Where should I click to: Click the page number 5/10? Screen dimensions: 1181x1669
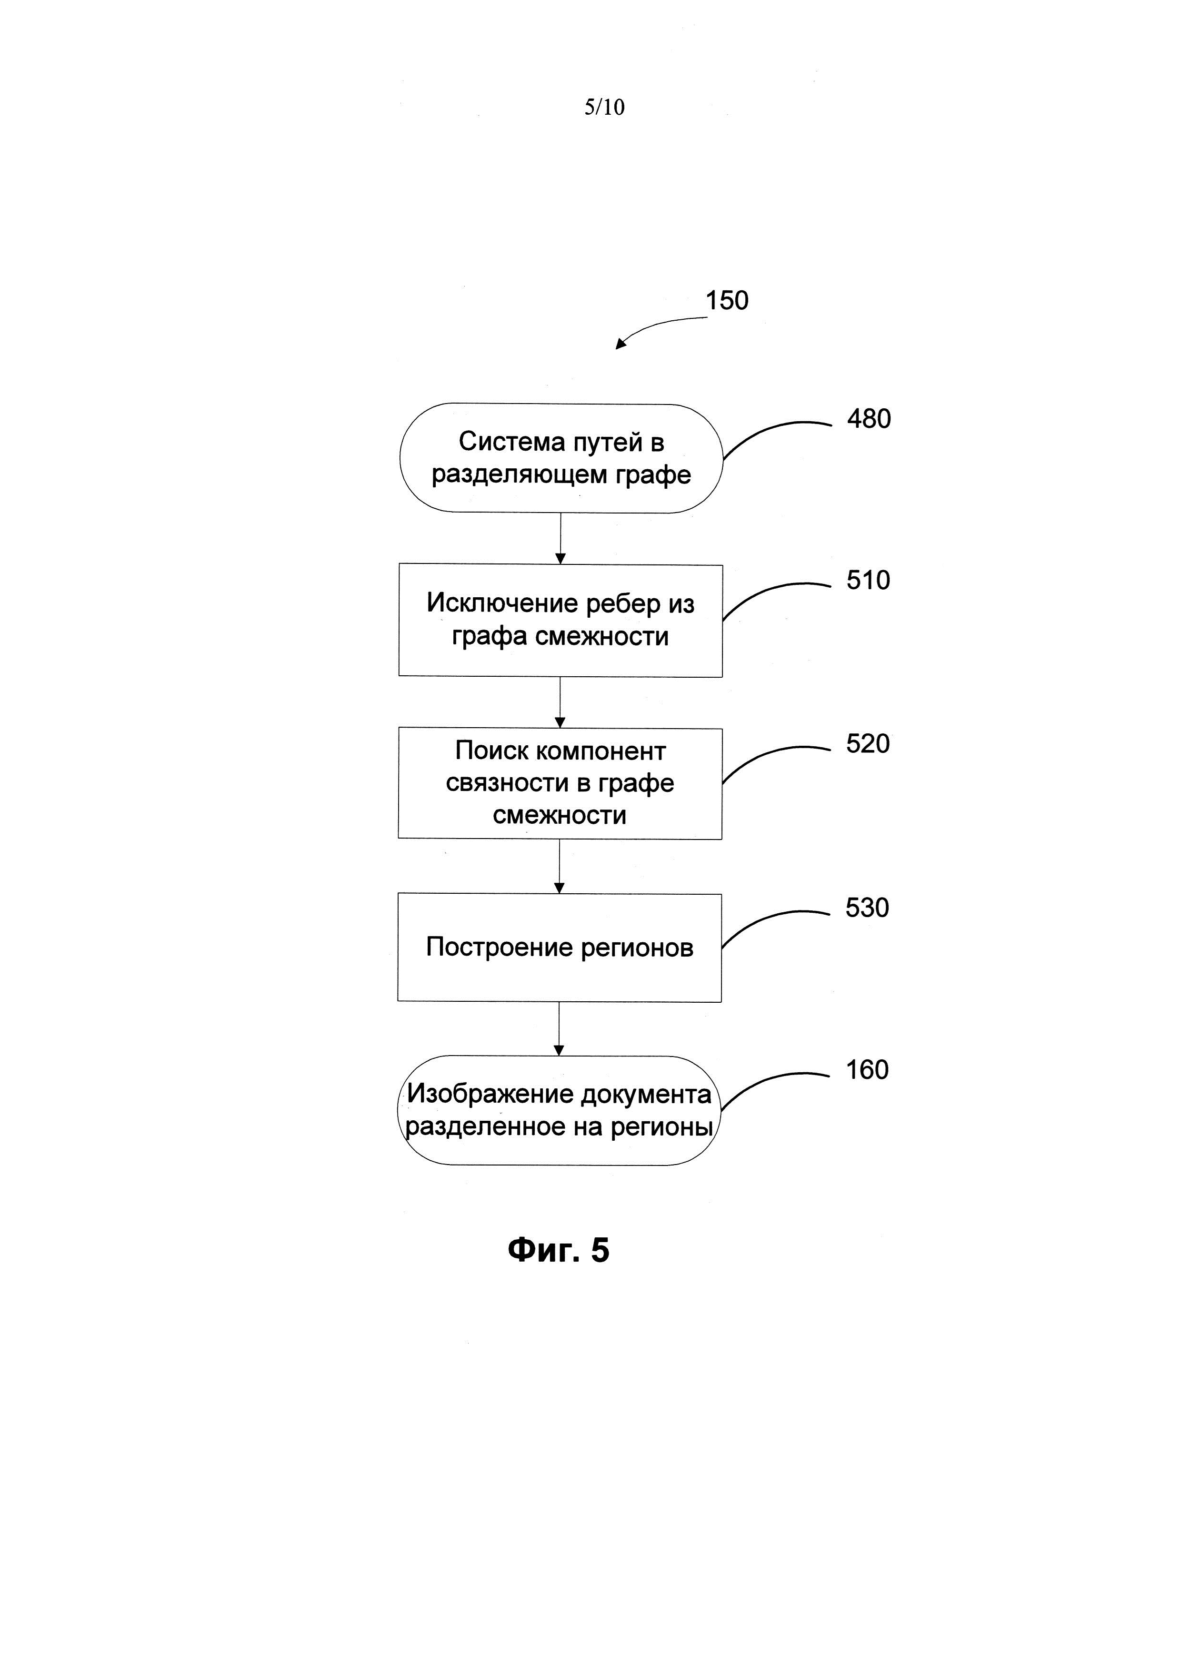click(604, 108)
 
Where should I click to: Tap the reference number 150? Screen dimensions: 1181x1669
click(727, 300)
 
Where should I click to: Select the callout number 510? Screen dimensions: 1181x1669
click(868, 580)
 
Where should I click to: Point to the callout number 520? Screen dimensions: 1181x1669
click(868, 744)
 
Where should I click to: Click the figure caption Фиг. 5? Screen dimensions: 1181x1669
click(559, 1250)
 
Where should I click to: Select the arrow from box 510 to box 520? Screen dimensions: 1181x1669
click(560, 702)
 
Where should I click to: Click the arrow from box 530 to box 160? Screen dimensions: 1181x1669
click(559, 1028)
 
